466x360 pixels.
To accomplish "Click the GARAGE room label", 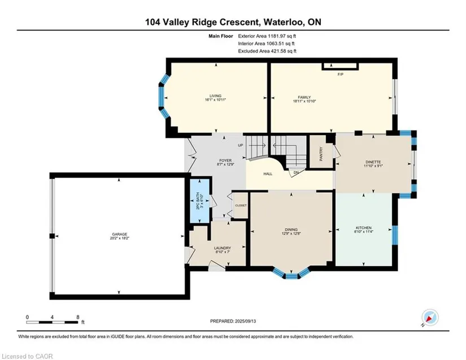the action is tap(120, 234).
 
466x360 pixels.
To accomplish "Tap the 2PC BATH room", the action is tap(199, 201).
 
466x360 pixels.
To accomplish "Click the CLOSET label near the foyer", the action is tap(241, 205).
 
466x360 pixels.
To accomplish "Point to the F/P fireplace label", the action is tap(341, 75).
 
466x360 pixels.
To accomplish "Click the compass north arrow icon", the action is tap(430, 318).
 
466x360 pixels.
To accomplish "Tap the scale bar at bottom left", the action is tap(53, 322).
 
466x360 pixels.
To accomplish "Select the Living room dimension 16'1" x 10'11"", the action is tap(215, 100).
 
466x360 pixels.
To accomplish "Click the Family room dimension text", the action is tap(304, 101).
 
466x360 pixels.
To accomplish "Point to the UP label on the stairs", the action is tap(241, 145).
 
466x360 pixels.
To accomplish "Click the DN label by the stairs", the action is tap(296, 172).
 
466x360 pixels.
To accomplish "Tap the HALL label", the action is tap(268, 174).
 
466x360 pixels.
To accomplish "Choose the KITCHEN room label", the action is tap(363, 228).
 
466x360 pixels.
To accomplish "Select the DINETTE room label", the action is tap(373, 162).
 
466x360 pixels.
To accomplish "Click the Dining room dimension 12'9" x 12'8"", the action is tap(291, 233).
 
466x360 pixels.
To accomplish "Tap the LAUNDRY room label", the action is tap(223, 248).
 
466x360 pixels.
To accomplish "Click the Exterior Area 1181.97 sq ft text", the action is tap(267, 36).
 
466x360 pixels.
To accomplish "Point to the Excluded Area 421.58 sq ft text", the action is tap(267, 51).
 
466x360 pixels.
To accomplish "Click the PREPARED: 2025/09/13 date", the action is tap(233, 321).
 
